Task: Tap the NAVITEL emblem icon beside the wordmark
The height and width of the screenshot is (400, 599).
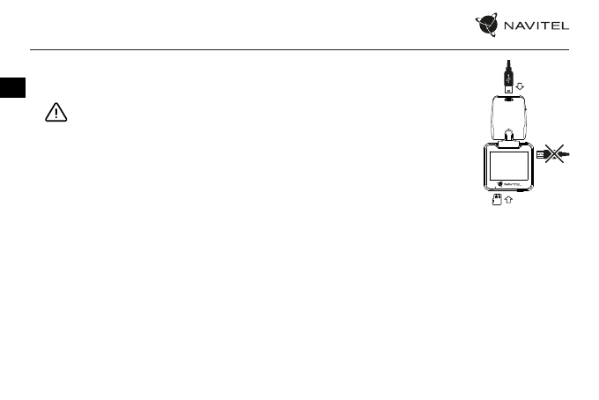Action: pyautogui.click(x=490, y=27)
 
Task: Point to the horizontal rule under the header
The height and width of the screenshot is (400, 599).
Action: pyautogui.click(x=299, y=50)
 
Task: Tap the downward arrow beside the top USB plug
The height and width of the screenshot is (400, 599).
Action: pyautogui.click(x=521, y=86)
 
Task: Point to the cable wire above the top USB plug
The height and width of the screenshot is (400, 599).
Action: pyautogui.click(x=509, y=63)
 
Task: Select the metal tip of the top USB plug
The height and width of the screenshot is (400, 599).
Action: pyautogui.click(x=510, y=90)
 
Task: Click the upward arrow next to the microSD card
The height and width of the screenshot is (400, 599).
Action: pyautogui.click(x=508, y=200)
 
